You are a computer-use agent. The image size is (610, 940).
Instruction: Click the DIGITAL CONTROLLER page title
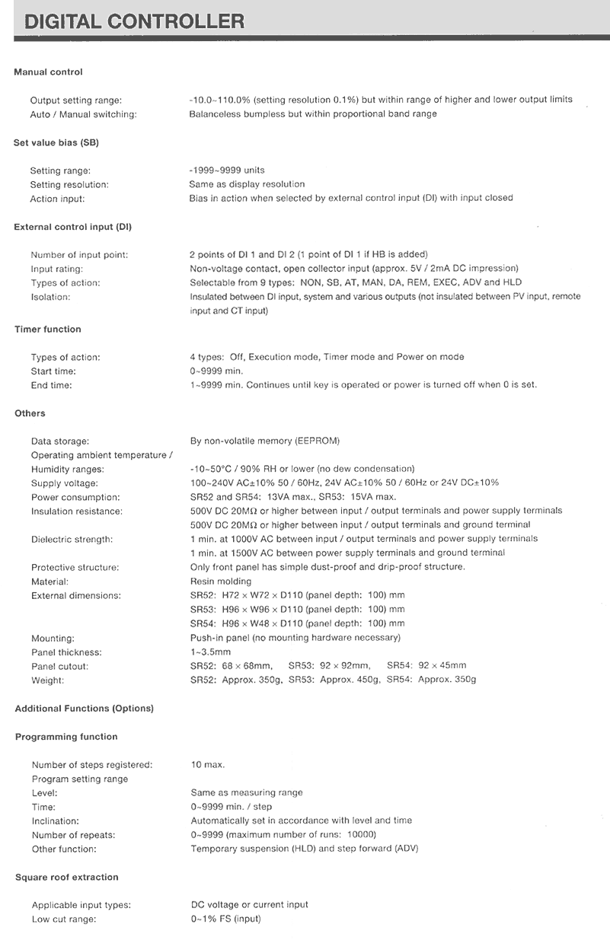pos(134,21)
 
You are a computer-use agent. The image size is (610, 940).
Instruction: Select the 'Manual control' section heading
pos(48,72)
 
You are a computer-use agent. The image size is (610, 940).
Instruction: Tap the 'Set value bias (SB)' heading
pos(56,142)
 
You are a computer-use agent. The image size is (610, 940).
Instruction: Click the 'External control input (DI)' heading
pos(73,227)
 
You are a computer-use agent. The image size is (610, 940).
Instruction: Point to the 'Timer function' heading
pos(47,330)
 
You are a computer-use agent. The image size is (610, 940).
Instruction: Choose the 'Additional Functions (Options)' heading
pos(84,709)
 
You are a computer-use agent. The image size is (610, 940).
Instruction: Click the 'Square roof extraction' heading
pos(67,878)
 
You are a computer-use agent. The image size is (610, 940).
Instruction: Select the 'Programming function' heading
pos(66,737)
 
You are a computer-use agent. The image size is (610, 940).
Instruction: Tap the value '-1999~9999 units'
pos(227,170)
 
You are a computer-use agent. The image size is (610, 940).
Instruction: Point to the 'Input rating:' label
pos(57,269)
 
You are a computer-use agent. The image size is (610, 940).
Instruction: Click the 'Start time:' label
pos(53,371)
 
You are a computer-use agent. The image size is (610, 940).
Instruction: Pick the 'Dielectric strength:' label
pos(72,540)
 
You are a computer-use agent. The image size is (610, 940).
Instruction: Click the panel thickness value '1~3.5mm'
pos(210,652)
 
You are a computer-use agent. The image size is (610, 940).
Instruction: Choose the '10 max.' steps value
pos(208,765)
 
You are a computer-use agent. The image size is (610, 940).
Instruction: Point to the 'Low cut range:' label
pos(64,919)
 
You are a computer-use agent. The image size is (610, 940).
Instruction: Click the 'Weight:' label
pos(48,680)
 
